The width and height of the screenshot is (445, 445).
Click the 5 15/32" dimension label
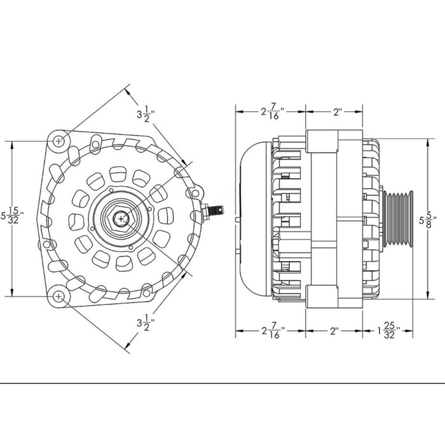click(x=12, y=216)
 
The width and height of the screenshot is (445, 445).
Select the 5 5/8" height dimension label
click(x=428, y=220)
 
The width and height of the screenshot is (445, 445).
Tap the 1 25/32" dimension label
click(x=388, y=331)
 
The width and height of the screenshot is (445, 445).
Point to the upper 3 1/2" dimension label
click(x=146, y=114)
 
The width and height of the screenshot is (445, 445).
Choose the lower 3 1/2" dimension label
click(x=146, y=323)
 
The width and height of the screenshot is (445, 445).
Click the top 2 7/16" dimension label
click(x=273, y=111)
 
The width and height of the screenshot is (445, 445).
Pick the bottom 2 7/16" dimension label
click(x=273, y=331)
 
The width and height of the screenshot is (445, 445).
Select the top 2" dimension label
click(x=337, y=112)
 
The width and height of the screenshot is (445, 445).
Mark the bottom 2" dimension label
click(x=334, y=331)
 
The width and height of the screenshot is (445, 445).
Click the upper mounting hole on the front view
click(x=58, y=140)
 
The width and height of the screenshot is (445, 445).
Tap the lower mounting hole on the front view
click(x=58, y=297)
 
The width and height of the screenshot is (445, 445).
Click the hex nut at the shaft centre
click(x=121, y=219)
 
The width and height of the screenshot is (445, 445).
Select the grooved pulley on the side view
click(x=398, y=218)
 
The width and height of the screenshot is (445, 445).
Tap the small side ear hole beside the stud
click(x=196, y=193)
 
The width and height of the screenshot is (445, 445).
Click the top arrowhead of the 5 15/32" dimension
click(x=12, y=145)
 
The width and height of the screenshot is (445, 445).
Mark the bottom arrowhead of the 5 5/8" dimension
click(x=428, y=295)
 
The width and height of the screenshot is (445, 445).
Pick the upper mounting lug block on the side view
click(x=322, y=141)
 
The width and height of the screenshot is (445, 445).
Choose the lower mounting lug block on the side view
click(x=322, y=297)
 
